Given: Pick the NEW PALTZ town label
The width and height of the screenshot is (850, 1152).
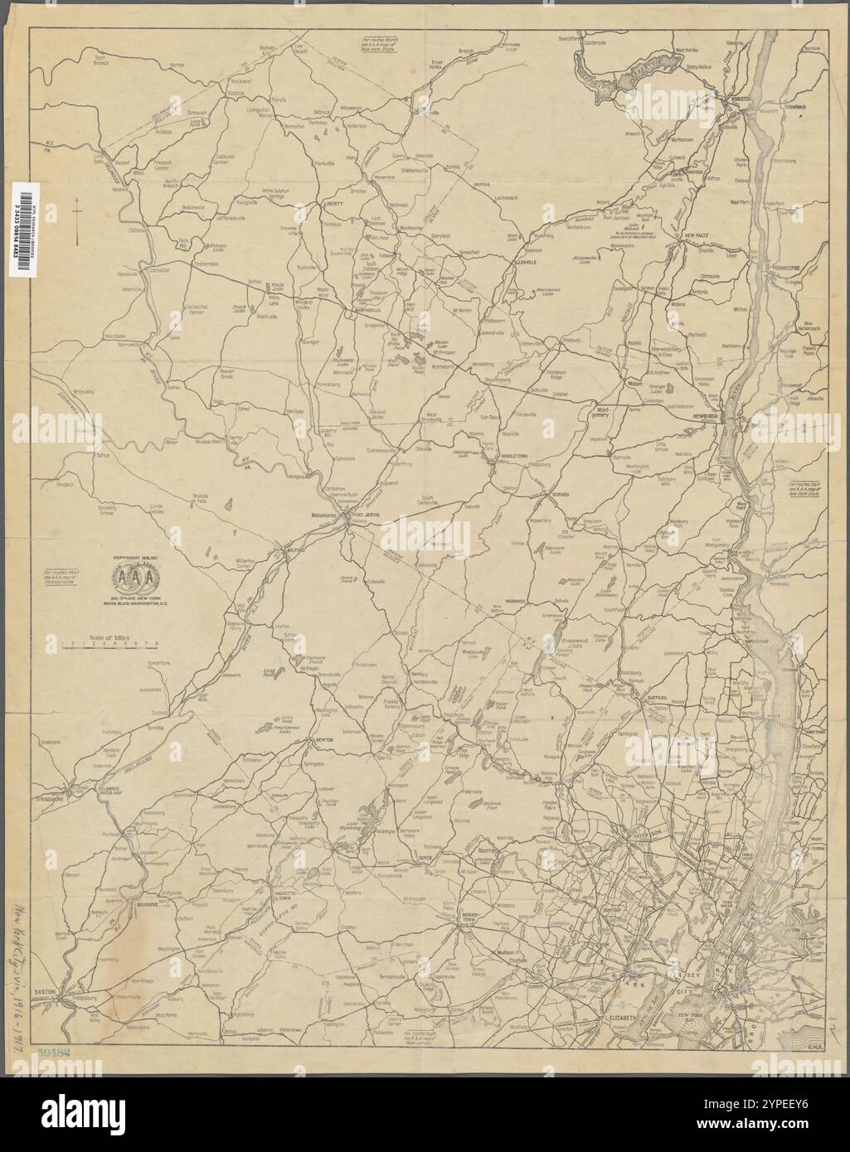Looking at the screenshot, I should pos(693,235).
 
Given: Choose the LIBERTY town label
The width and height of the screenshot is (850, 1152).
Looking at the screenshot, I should pos(334,203).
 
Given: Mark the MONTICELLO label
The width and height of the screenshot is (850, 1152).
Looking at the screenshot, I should pos(367,310).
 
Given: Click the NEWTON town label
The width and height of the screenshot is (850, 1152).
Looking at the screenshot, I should pos(323,739).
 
